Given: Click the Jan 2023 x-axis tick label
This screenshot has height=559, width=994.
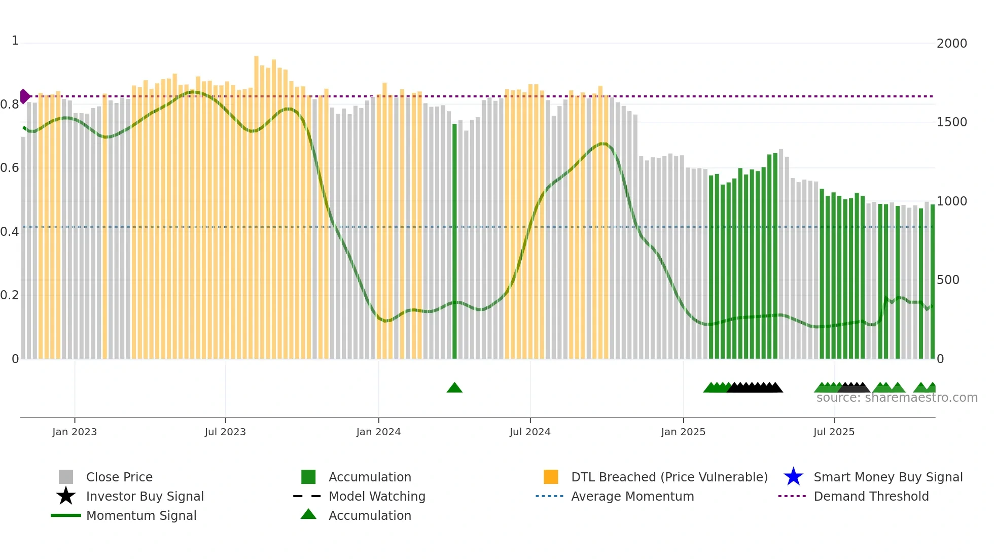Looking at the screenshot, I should pos(74,432).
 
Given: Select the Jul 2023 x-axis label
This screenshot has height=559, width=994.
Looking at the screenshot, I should pos(225,432).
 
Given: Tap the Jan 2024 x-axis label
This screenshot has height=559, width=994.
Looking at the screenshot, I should pos(378,432).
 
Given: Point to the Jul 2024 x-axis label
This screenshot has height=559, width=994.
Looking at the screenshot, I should pos(530,432).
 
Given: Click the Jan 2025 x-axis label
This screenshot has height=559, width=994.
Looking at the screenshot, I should pos(683,432).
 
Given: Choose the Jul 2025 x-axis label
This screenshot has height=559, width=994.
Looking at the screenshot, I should pos(834,432).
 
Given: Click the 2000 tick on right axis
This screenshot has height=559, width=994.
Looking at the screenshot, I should pos(951,44).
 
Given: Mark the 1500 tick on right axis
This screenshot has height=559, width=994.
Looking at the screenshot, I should pos(951,122).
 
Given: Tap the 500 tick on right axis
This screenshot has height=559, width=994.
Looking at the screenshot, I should pos(948,280).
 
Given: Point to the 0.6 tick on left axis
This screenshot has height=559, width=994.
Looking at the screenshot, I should pos(10,168).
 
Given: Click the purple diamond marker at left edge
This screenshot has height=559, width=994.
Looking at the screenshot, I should pos(24,96).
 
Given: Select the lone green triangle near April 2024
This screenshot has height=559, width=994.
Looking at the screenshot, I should pos(454,388).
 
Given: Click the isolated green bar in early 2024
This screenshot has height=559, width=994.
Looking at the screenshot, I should pos(454,241).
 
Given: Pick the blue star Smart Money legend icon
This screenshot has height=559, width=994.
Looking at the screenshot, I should pos(793,477).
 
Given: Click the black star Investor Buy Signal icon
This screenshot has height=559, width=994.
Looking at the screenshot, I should pos(66,496).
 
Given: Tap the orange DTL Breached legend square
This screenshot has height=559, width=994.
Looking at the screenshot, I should pos(551,477).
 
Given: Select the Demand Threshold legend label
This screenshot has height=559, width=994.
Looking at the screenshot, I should pos(871,496).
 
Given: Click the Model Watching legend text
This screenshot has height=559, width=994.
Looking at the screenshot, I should pos(377,496).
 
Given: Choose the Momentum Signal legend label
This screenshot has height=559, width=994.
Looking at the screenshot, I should pos(141,515).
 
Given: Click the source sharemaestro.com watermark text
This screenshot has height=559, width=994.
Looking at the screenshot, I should pos(897,398).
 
